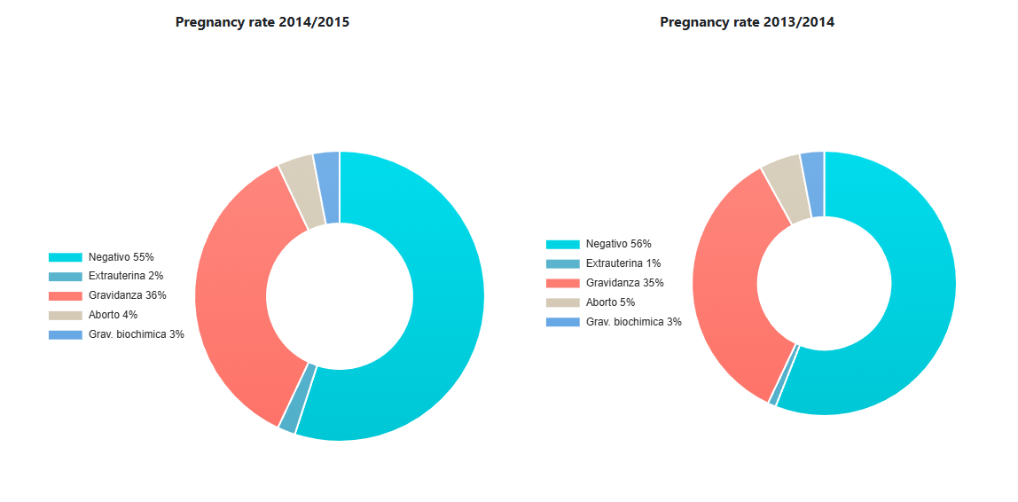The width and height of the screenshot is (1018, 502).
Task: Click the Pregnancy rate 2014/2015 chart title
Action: (262, 23)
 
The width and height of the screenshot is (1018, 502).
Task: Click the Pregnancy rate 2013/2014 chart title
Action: (747, 23)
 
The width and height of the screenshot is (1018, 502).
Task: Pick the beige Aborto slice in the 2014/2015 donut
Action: (298, 192)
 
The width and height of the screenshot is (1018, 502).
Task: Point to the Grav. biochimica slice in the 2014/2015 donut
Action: (327, 187)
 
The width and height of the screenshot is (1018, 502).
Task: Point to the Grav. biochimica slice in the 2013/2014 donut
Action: (812, 184)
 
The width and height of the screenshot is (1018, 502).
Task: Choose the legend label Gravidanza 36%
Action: (127, 295)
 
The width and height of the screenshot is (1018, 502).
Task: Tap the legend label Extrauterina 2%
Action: (125, 276)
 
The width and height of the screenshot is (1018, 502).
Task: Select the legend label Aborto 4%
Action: (113, 315)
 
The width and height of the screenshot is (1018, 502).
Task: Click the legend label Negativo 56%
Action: (618, 244)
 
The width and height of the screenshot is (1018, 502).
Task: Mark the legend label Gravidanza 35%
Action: (624, 283)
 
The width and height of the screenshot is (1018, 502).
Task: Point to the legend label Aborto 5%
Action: (610, 302)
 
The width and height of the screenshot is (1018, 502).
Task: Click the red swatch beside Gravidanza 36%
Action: (65, 295)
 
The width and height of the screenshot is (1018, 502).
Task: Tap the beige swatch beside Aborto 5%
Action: (562, 302)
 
